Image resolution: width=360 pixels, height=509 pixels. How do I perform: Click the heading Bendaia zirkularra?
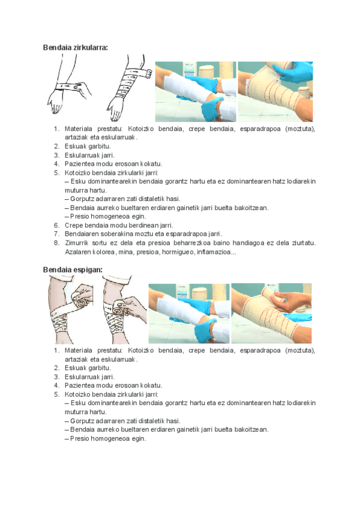click(x=75, y=47)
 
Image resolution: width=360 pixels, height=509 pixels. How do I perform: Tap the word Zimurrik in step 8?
click(x=77, y=242)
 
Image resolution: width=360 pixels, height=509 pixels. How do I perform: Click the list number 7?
click(x=56, y=233)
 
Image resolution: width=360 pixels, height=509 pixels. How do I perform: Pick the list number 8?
click(x=56, y=242)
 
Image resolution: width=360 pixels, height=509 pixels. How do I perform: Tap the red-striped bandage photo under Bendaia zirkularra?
click(x=276, y=92)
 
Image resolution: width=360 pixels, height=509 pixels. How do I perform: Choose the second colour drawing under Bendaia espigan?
click(x=124, y=309)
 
